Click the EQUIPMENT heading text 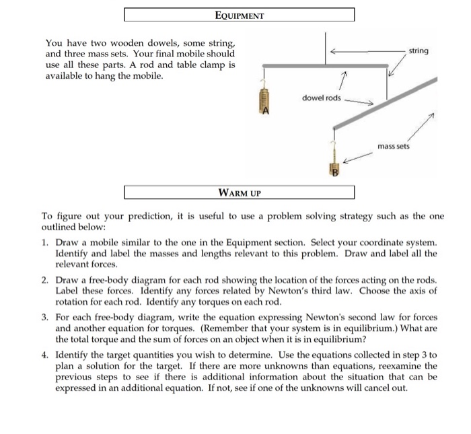point(240,14)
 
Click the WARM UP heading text point(240,192)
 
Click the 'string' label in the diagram point(418,50)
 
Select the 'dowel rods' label point(322,98)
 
